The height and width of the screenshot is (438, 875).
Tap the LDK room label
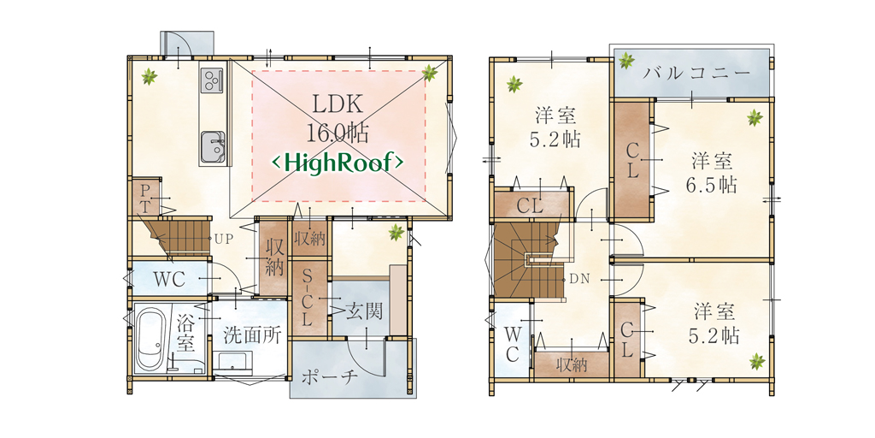coord(338,104)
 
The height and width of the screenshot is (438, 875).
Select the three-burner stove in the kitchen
coord(212,80)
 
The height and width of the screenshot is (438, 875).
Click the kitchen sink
coord(213,147)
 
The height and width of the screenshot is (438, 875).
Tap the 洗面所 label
coord(248,335)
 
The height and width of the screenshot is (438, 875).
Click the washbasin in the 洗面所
coord(235,363)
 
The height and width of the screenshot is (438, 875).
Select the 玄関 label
coord(364,311)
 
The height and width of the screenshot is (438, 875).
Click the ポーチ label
coord(329,378)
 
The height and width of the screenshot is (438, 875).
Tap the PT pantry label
coord(145,198)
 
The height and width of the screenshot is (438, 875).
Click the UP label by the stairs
coord(223,238)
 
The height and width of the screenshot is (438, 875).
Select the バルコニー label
coord(694,73)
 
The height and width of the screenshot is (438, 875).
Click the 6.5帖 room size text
coord(712,184)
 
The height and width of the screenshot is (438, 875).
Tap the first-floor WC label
coord(170,279)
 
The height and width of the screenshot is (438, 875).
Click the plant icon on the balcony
coord(626,60)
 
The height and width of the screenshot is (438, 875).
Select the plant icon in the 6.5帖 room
coord(755,117)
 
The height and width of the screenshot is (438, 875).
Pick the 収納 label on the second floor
coord(572,366)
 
